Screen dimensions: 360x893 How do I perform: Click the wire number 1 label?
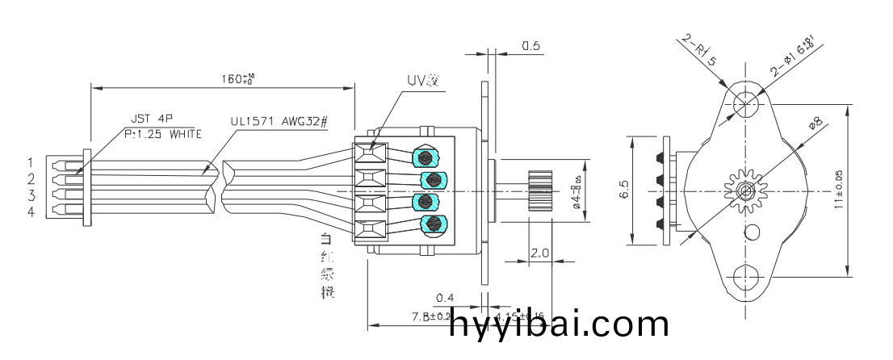[x=31, y=162]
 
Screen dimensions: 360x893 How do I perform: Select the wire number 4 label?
[x=31, y=211]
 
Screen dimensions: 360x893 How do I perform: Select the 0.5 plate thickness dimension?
[x=530, y=46]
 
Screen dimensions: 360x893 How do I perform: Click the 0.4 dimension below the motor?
[x=443, y=298]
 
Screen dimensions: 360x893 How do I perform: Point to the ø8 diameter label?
[x=815, y=123]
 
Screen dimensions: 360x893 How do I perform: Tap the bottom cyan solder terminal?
[x=433, y=224]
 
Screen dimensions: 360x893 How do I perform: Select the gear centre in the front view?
[x=746, y=191]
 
